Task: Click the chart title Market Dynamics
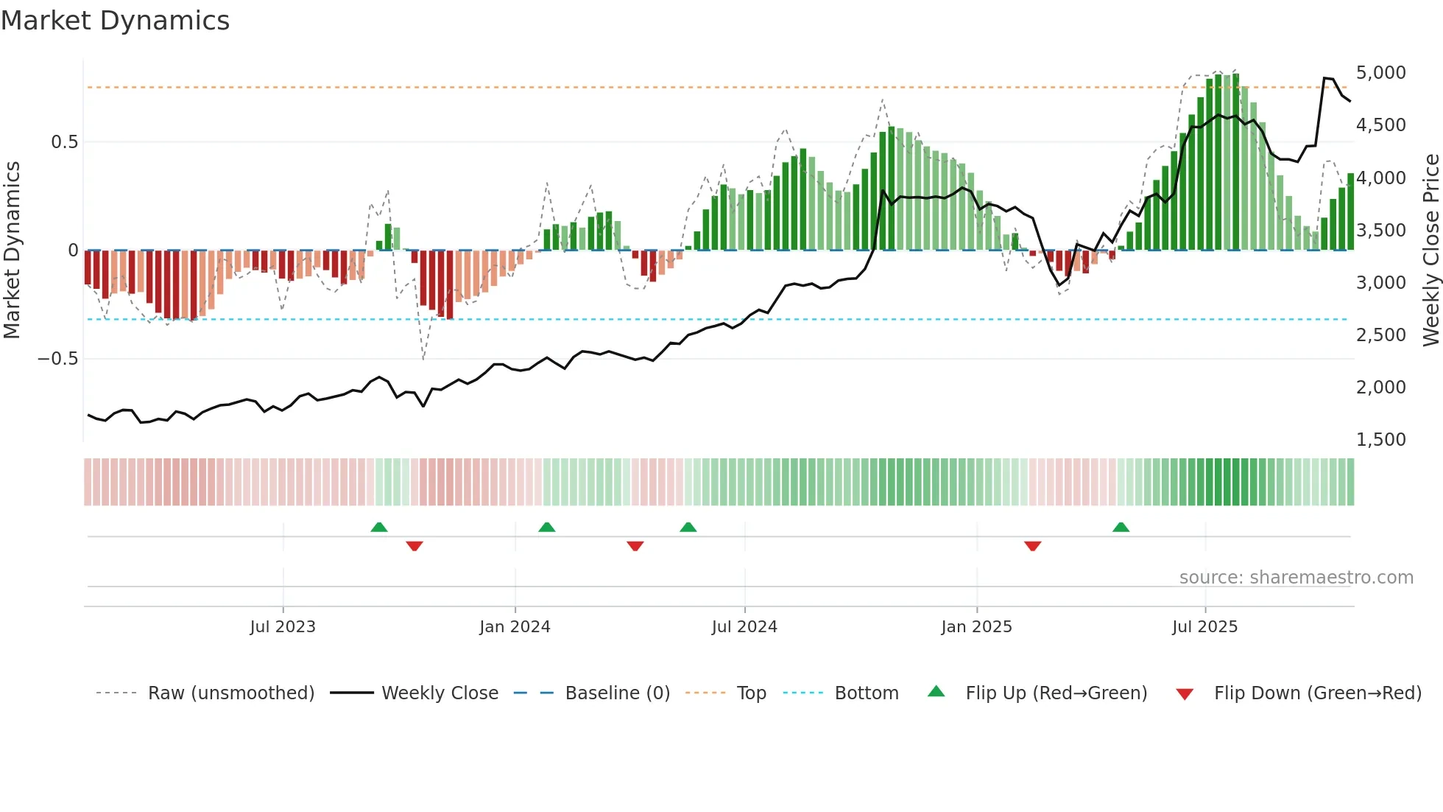click(x=115, y=21)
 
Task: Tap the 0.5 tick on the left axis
click(x=64, y=142)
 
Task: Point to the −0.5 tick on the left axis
click(x=57, y=359)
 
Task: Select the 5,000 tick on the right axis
click(x=1380, y=73)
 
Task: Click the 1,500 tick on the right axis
click(x=1380, y=440)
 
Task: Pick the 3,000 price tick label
click(x=1380, y=283)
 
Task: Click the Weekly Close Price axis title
click(x=1430, y=250)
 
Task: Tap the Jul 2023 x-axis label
click(x=283, y=627)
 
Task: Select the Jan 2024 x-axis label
click(x=515, y=627)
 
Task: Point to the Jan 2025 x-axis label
click(x=976, y=627)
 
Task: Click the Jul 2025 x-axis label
click(x=1204, y=627)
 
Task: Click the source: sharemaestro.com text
click(x=1296, y=578)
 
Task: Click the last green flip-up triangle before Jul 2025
click(x=1121, y=528)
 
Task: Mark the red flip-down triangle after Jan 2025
click(x=1032, y=546)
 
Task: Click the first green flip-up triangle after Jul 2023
click(x=378, y=528)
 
